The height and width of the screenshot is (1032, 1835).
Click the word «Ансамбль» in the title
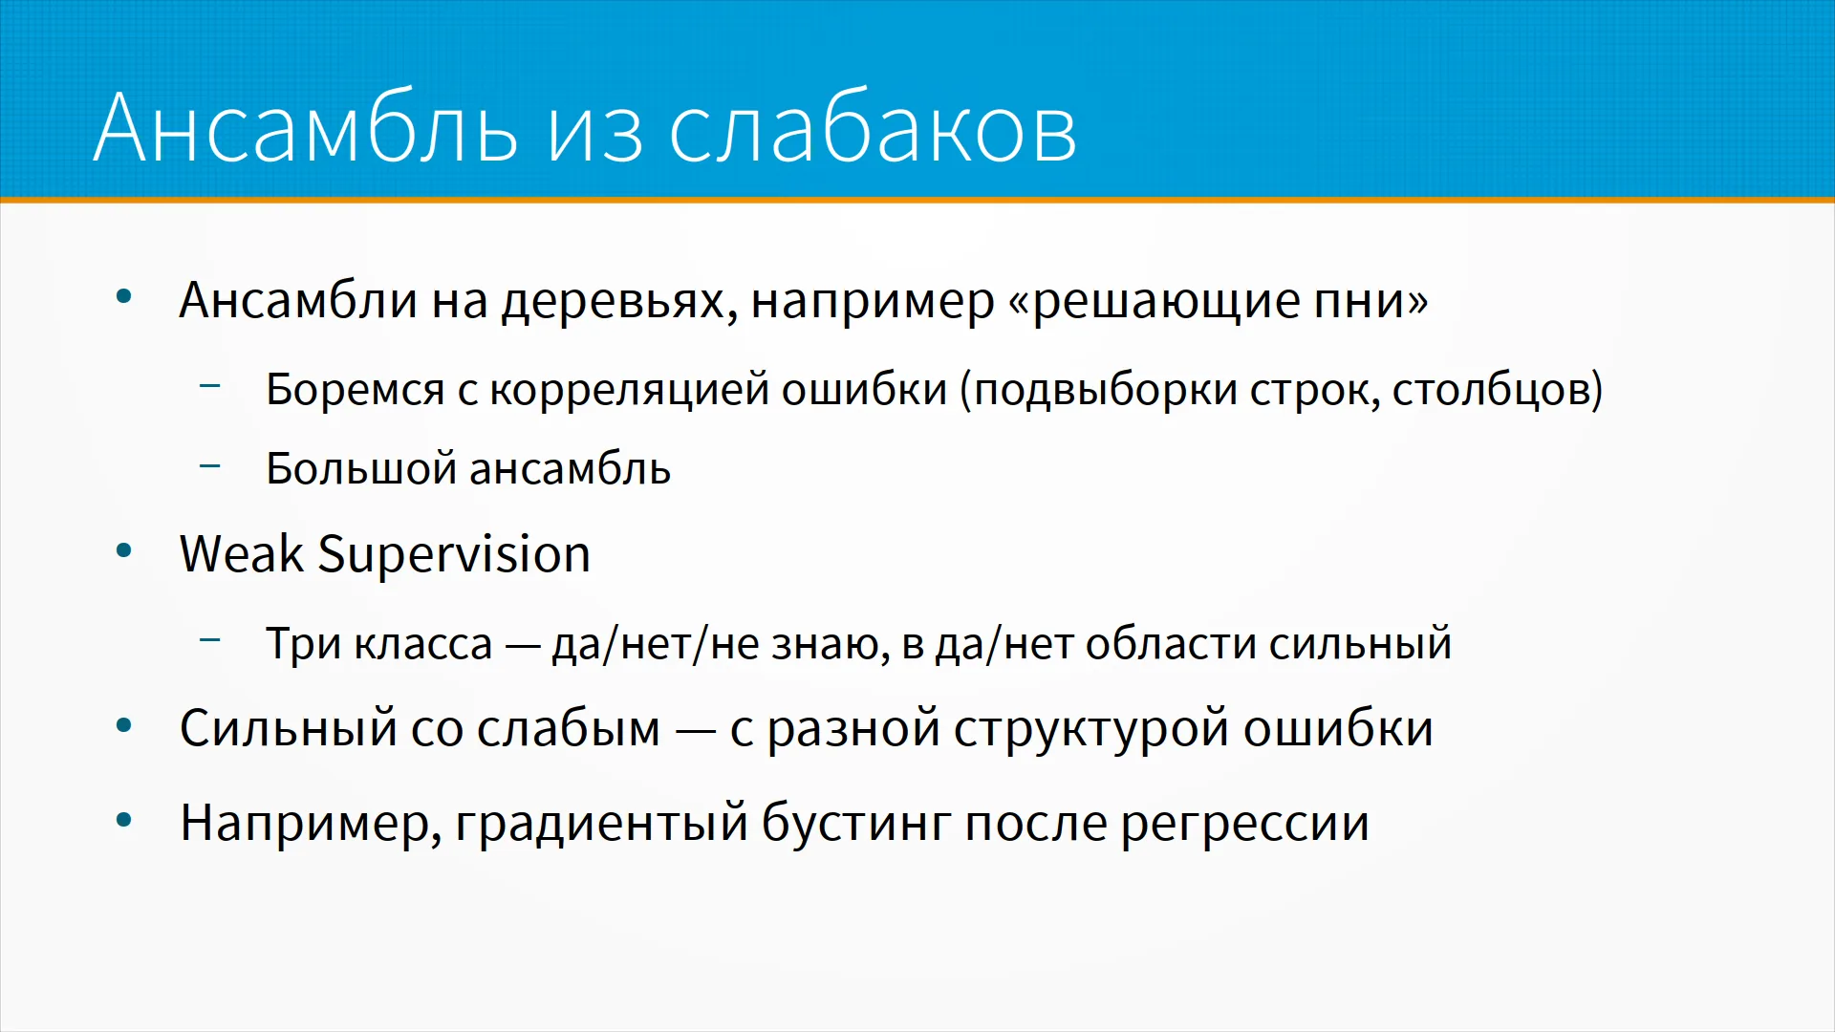(x=306, y=128)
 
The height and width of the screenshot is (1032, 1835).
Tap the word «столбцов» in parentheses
(x=1488, y=391)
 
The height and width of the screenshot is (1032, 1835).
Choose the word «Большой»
(x=360, y=468)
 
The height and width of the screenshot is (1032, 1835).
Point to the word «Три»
(x=304, y=644)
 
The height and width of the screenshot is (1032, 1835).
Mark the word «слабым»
(x=569, y=728)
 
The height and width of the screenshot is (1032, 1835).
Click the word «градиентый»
(x=602, y=824)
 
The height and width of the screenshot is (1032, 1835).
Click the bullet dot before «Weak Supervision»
(x=123, y=551)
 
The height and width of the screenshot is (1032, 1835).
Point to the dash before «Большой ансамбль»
(x=210, y=465)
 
